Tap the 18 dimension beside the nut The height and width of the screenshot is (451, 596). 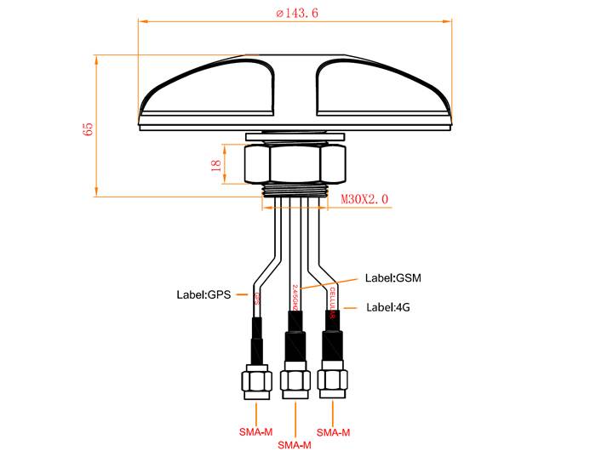[214, 165]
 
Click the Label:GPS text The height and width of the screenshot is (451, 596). [204, 296]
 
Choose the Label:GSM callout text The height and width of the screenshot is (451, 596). [393, 277]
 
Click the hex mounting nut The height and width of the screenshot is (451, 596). [295, 164]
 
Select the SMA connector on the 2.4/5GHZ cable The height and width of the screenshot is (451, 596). [295, 382]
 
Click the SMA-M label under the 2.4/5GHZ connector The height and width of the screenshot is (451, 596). [294, 444]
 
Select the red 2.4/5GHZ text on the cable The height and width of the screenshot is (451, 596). [295, 297]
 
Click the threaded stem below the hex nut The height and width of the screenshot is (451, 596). [295, 191]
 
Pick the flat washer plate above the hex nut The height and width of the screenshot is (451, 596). [295, 136]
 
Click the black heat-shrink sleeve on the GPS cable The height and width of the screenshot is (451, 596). [255, 338]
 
